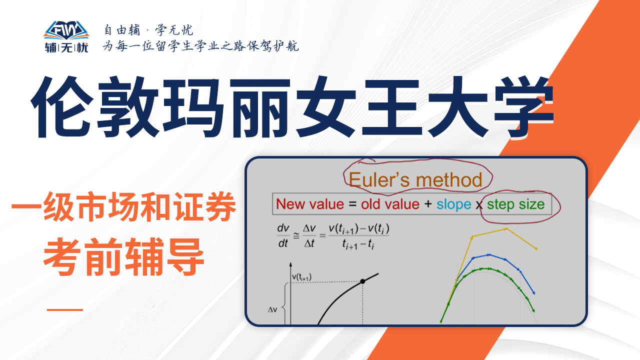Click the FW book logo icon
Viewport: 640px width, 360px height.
66,30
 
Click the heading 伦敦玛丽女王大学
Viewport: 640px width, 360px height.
292,107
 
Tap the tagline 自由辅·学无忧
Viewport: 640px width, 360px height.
148,30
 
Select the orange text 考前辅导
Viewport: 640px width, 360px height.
123,256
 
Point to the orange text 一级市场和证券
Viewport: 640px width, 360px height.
123,206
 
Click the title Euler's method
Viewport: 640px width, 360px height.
415,180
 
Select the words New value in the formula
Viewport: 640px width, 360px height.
310,204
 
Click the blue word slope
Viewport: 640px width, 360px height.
453,205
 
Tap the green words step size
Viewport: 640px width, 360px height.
515,205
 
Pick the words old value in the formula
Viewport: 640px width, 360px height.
390,204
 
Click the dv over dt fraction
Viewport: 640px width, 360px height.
283,235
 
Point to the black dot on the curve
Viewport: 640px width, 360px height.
362,281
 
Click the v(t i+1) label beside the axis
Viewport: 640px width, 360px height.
301,277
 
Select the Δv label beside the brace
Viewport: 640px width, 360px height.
272,309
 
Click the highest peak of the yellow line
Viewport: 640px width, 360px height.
506,229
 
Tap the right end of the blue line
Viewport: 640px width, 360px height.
533,293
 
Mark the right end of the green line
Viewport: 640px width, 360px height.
533,311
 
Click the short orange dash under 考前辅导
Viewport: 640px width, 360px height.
65,309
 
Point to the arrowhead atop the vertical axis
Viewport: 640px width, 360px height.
290,264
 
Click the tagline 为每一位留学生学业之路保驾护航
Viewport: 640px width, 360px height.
201,46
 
